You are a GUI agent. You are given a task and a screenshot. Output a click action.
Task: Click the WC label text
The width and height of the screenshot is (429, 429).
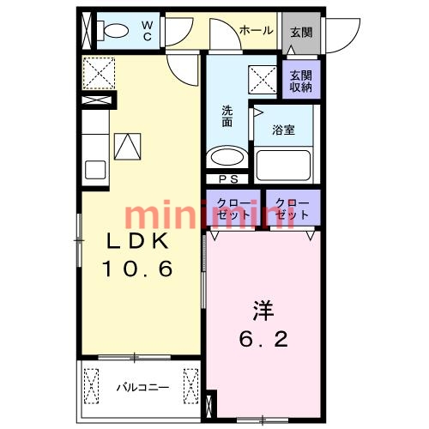147,29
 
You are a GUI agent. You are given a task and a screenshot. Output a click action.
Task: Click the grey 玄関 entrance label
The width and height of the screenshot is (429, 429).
300,32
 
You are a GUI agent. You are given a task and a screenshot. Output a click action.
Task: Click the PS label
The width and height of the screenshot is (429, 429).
229,178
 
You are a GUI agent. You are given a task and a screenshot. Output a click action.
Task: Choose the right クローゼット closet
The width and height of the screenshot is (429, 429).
292,208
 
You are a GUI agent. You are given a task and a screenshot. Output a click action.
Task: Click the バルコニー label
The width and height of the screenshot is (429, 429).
142,387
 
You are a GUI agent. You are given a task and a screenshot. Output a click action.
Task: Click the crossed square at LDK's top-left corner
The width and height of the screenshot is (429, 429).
100,71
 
